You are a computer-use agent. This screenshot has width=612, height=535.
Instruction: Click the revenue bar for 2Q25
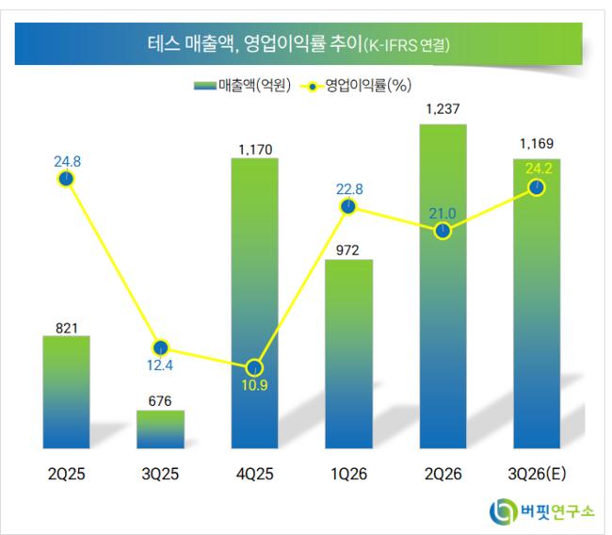click(x=66, y=392)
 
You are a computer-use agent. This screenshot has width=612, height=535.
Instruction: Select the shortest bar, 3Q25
click(x=160, y=430)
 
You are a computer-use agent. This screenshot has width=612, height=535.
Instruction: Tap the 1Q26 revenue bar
click(x=349, y=354)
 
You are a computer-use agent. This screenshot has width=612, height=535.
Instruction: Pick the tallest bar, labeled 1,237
click(x=443, y=286)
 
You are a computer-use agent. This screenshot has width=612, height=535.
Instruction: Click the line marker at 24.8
click(x=66, y=179)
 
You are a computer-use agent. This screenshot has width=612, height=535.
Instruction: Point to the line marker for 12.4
click(x=161, y=348)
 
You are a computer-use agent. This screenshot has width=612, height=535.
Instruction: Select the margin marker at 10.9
click(x=255, y=368)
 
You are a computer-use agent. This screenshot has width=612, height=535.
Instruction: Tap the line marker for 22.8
click(x=348, y=206)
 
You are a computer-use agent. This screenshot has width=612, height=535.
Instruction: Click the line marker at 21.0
click(x=443, y=231)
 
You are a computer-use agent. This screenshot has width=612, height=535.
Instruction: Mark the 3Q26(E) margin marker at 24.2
click(x=537, y=187)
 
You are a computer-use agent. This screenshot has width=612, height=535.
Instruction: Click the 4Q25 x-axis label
click(x=255, y=474)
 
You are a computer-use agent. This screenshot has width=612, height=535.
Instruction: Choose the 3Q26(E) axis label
click(x=537, y=474)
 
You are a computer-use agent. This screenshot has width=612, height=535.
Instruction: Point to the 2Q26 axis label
click(x=443, y=474)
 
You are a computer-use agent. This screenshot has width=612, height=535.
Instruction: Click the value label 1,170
click(x=256, y=150)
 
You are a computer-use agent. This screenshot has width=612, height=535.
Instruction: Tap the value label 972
click(x=347, y=251)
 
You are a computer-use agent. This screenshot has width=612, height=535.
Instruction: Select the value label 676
click(x=160, y=401)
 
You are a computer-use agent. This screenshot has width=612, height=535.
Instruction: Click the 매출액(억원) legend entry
click(x=242, y=85)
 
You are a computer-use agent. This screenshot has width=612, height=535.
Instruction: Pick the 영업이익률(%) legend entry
click(x=356, y=85)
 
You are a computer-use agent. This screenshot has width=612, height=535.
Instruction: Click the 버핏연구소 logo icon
click(x=504, y=511)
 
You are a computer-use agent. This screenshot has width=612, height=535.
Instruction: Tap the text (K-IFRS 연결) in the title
click(x=407, y=45)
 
